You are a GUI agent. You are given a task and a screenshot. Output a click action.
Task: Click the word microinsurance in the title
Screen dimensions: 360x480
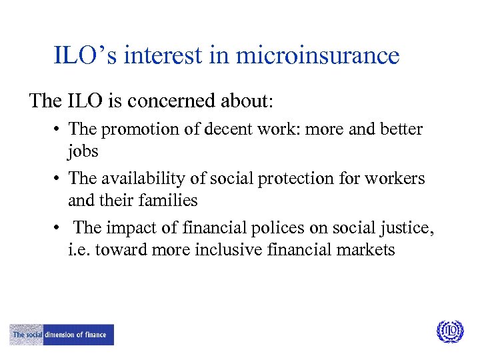click(x=319, y=55)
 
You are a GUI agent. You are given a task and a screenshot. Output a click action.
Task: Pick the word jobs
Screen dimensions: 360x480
click(x=83, y=151)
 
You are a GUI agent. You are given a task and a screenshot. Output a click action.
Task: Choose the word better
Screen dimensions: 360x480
click(x=401, y=129)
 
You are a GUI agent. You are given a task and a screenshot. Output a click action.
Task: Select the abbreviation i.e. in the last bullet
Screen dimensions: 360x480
click(x=79, y=250)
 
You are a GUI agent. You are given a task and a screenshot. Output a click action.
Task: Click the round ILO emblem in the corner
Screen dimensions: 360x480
click(x=449, y=332)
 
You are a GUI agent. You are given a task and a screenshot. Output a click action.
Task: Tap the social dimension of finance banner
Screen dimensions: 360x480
click(x=61, y=335)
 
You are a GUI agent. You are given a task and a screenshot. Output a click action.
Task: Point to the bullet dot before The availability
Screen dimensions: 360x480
click(x=60, y=179)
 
